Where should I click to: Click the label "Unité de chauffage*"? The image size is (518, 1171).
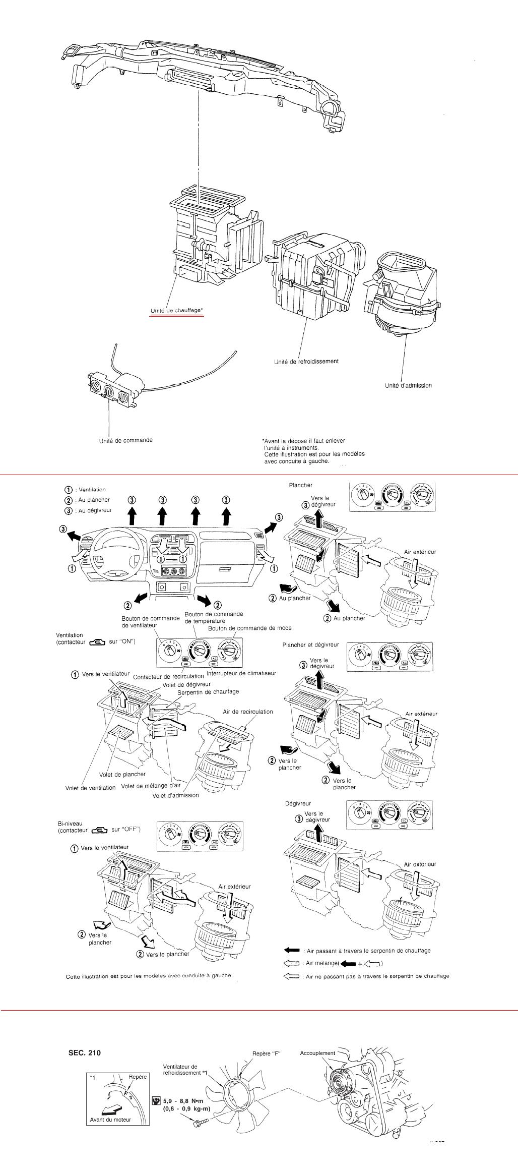tap(176, 311)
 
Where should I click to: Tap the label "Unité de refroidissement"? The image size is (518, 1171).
tap(306, 361)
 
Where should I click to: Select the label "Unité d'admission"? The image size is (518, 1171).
tap(408, 386)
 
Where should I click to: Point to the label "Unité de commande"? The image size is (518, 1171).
tap(125, 440)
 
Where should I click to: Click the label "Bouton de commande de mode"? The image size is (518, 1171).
tap(249, 628)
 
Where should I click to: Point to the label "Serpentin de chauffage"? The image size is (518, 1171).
tap(208, 691)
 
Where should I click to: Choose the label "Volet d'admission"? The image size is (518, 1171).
tap(175, 795)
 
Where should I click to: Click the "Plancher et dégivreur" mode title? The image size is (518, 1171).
tap(310, 645)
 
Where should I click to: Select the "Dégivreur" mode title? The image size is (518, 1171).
tap(298, 803)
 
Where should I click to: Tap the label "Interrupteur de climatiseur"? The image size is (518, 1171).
tap(241, 673)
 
